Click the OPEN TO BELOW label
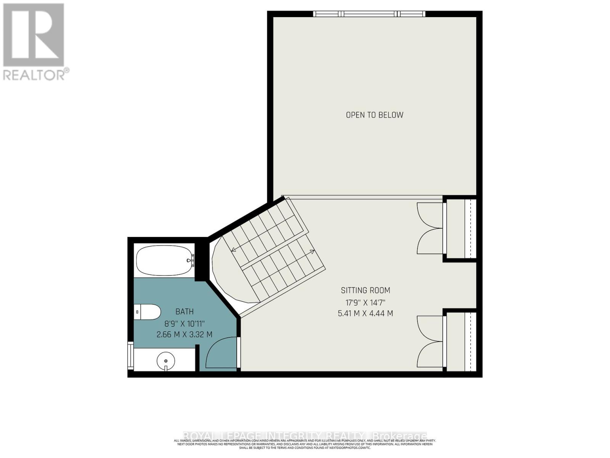pos(374,115)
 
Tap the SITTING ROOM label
pos(365,290)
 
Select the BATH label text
pos(185,312)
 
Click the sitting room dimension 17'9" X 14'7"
pos(365,303)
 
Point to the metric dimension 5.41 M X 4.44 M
pos(365,314)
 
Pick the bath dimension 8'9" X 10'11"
pos(185,324)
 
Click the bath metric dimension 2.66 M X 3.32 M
pos(185,335)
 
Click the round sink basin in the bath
pos(166,360)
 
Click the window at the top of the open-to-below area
pos(369,14)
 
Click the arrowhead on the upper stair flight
pos(233,250)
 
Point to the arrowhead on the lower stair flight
pos(313,252)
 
